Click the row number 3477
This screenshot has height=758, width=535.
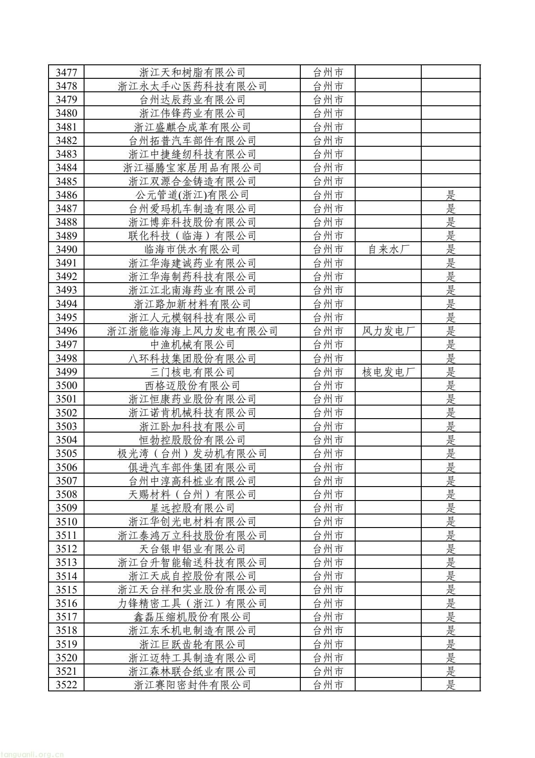(x=66, y=72)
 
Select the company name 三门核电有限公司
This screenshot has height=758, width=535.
(x=192, y=372)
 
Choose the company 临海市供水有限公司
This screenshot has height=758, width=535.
(x=192, y=249)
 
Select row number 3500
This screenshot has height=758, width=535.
(x=66, y=386)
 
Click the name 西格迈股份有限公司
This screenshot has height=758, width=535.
(x=192, y=386)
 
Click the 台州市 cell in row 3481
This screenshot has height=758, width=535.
(x=328, y=127)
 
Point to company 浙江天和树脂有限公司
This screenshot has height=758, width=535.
(x=192, y=72)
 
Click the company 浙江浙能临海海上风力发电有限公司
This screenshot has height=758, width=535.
(x=192, y=331)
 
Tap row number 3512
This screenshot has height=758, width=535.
(x=66, y=549)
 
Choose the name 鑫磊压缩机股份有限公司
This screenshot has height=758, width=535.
(x=192, y=617)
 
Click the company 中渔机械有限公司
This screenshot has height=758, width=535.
(x=192, y=345)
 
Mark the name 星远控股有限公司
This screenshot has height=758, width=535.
(x=192, y=508)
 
